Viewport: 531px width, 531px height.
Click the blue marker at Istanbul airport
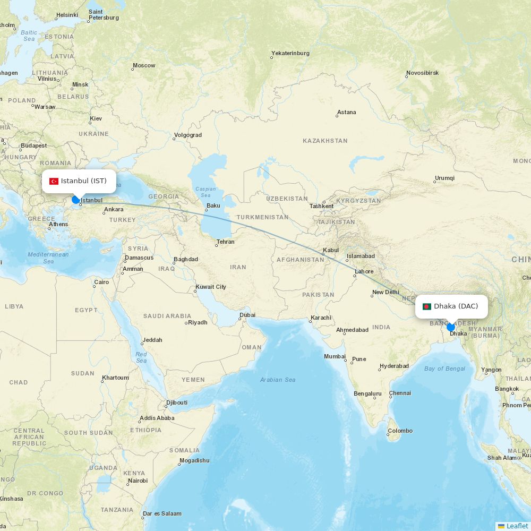[x=75, y=200]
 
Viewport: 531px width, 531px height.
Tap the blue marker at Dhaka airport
[x=451, y=327]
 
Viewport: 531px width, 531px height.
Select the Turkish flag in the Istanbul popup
[x=54, y=182]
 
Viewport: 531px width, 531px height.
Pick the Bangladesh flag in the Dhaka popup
[x=426, y=306]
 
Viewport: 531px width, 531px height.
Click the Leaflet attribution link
[x=517, y=526]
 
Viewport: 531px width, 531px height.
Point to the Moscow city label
[x=144, y=66]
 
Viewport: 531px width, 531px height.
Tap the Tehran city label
[x=225, y=242]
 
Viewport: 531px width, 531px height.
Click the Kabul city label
[x=331, y=250]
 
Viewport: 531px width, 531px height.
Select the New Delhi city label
[x=386, y=292]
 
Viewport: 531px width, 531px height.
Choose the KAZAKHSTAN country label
[x=325, y=141]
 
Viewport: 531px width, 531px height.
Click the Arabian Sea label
[x=278, y=380]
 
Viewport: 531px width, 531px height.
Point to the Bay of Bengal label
[x=444, y=369]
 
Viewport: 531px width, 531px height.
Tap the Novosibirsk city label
[x=423, y=73]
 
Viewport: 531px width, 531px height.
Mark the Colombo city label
[x=400, y=431]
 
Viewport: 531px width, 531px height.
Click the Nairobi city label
[x=138, y=481]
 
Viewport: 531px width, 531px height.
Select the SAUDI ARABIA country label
[x=167, y=316]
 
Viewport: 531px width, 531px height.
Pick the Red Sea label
[x=141, y=357]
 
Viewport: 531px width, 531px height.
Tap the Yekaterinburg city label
[x=290, y=53]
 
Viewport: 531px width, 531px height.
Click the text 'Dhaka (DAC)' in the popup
[x=456, y=306]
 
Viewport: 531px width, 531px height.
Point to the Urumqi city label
[x=444, y=178]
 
